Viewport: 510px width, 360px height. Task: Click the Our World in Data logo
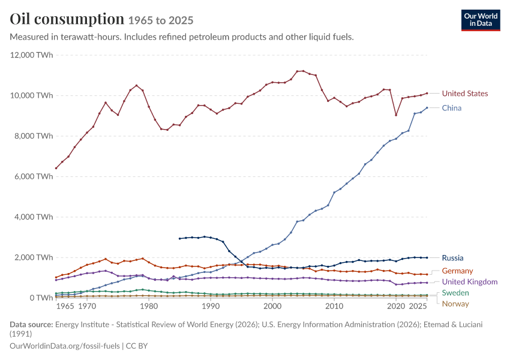coord(481,20)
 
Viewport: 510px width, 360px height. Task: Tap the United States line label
coord(465,94)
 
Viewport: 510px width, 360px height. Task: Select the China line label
coord(451,108)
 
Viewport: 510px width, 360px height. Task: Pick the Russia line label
coord(452,258)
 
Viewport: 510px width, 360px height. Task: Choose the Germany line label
coord(457,271)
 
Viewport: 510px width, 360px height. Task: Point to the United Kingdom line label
coord(470,282)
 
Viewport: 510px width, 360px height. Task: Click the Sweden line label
coord(455,293)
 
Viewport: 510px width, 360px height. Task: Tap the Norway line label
coord(455,304)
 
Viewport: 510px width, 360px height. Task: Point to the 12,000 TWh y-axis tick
coord(32,55)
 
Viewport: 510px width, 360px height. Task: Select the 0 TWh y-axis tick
coord(41,298)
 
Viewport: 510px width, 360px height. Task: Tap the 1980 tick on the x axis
coord(149,307)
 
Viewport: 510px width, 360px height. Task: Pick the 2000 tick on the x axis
coord(272,307)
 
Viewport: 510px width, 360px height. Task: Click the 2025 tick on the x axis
coord(418,307)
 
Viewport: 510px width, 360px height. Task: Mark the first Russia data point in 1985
coord(179,239)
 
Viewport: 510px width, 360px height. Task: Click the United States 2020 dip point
coord(396,115)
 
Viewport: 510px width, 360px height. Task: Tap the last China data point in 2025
coord(427,107)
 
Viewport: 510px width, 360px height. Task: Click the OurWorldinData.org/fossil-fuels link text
coord(65,346)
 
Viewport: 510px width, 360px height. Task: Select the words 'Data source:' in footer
coord(31,325)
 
